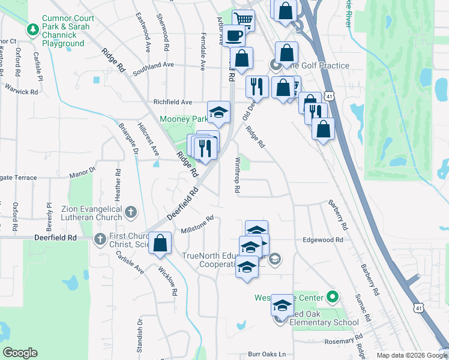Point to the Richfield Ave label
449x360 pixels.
coord(172,102)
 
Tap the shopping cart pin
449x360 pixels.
coord(243,20)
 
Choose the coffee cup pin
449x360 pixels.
coord(234,36)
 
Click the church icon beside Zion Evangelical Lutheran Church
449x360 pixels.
coord(131,211)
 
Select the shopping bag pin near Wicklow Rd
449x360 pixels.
coord(160,244)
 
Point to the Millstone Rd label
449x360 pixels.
coord(197,226)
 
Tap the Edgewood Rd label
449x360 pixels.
coord(323,239)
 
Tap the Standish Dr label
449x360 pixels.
coord(139,337)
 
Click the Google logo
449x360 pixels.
coord(20,353)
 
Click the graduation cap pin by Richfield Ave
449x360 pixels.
coord(219,112)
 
